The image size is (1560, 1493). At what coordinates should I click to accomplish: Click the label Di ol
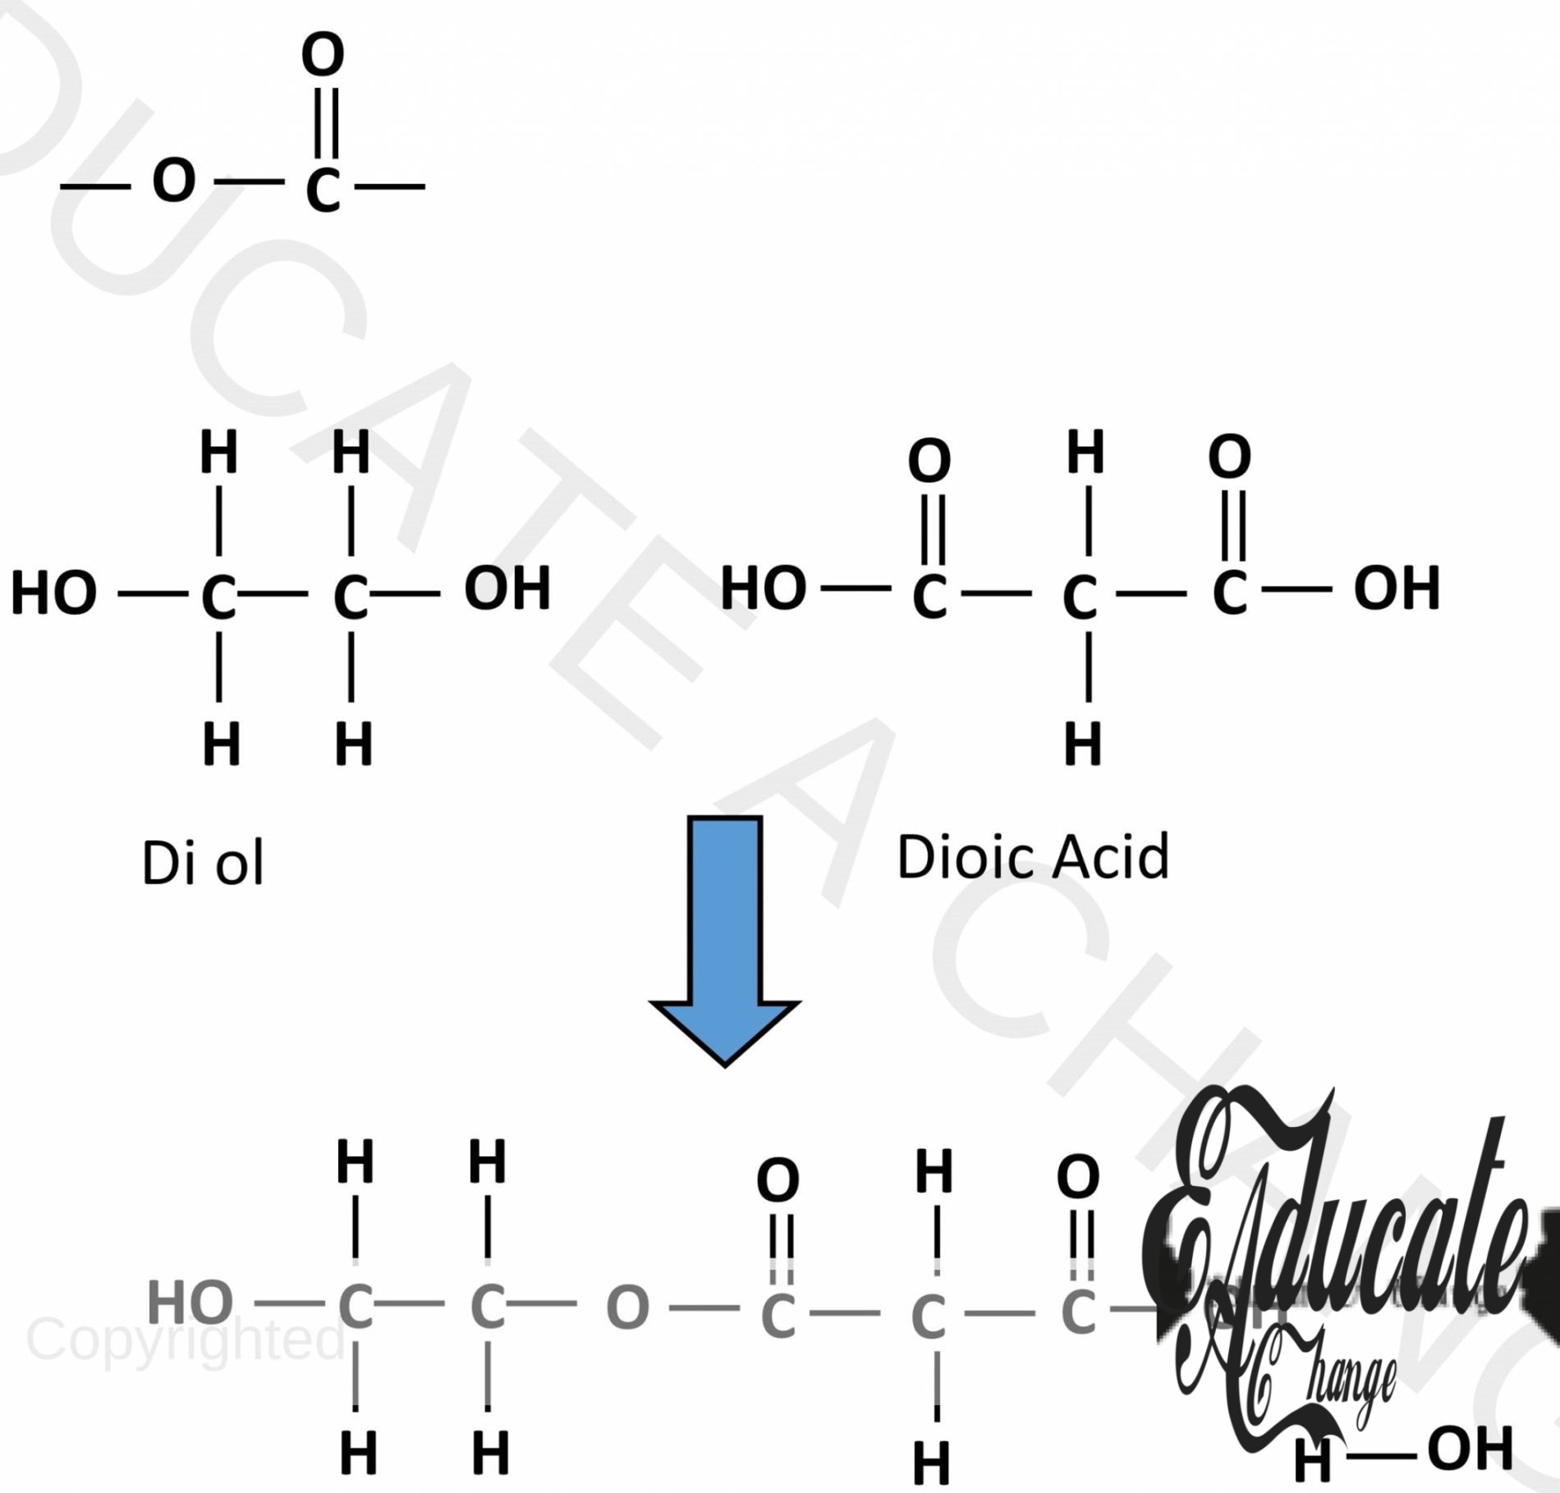point(203,863)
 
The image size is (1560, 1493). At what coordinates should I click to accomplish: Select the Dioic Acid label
point(1033,857)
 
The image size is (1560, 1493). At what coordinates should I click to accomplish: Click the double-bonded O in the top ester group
point(323,55)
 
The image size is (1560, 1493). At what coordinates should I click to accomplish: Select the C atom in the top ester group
point(323,190)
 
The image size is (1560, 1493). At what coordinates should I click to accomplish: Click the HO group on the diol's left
point(54,593)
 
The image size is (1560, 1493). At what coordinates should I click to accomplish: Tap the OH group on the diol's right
point(507,588)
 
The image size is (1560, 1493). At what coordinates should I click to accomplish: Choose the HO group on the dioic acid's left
point(764,588)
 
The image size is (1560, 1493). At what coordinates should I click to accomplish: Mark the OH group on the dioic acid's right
point(1397,588)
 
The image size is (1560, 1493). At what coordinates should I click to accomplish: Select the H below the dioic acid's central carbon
point(1083,744)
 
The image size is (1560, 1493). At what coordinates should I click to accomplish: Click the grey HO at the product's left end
point(190,1303)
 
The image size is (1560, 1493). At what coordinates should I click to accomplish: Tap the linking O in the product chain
point(627,1308)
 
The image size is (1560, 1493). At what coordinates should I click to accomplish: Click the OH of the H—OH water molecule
point(1471,1449)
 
